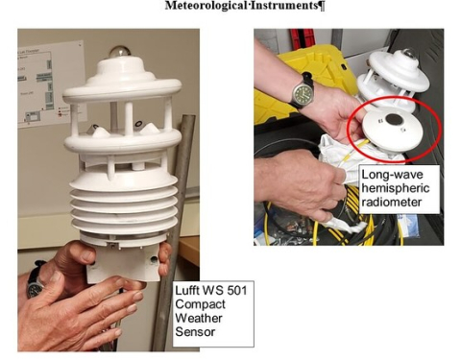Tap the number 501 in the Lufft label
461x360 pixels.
[x=237, y=291]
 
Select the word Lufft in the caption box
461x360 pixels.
[x=186, y=291]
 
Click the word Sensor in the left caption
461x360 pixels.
[x=195, y=332]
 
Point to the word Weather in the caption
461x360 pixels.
[x=199, y=318]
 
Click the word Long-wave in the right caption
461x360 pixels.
[x=392, y=175]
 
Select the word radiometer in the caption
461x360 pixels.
[x=392, y=203]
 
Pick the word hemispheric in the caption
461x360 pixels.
[x=396, y=188]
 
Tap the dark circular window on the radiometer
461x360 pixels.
[x=394, y=120]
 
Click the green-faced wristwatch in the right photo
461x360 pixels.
[x=302, y=92]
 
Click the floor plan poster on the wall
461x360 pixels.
[x=49, y=84]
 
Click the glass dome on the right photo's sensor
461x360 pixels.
[x=406, y=53]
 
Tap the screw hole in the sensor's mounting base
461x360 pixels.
[x=155, y=260]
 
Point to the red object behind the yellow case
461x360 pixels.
[x=302, y=37]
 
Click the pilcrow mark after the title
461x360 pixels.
[x=321, y=6]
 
